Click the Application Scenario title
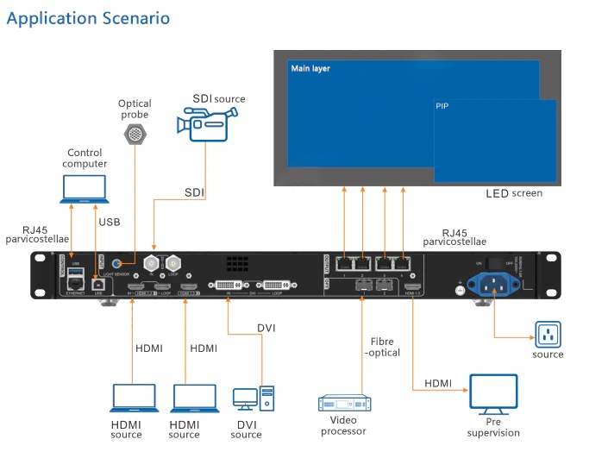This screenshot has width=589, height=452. (89, 18)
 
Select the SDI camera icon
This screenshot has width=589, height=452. (196, 122)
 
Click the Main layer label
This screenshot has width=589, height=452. (310, 68)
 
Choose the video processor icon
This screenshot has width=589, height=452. (344, 404)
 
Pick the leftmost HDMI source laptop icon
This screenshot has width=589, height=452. (132, 399)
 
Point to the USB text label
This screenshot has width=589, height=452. (110, 222)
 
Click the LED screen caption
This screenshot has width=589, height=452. (514, 193)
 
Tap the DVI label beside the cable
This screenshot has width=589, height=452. (266, 328)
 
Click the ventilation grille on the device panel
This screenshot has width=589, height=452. (239, 263)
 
